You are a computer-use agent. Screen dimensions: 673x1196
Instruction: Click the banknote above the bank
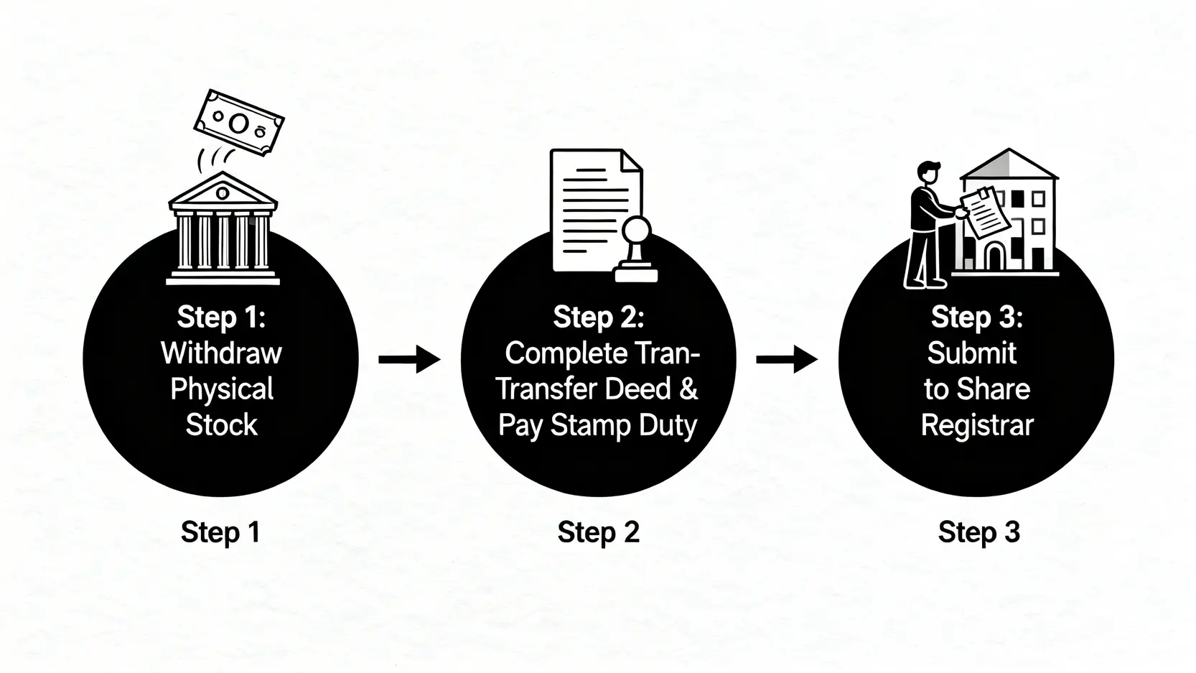[240, 123]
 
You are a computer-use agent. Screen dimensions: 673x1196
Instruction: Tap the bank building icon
[223, 228]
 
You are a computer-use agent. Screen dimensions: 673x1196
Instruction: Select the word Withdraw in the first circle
[221, 353]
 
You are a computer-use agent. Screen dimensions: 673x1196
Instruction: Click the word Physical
[221, 389]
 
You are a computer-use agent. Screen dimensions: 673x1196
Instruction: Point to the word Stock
[221, 425]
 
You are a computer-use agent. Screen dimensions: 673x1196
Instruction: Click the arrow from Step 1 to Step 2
[409, 358]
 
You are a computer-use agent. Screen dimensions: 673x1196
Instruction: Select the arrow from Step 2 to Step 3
[787, 358]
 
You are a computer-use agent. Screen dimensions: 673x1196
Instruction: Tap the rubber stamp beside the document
[636, 251]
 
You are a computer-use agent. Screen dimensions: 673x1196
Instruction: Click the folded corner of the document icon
[630, 161]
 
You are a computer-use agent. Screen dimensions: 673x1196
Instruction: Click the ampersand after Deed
[688, 389]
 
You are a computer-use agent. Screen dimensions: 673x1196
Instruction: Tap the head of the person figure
[928, 173]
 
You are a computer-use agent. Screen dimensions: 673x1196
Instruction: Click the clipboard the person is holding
[979, 211]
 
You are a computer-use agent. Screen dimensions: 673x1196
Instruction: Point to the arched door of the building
[995, 256]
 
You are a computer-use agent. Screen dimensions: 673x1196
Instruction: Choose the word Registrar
[977, 425]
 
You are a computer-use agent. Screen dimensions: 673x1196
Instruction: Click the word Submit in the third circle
[971, 353]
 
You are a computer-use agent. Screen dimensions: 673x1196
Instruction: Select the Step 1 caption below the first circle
[220, 532]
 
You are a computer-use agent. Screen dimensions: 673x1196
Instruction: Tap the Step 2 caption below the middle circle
[598, 532]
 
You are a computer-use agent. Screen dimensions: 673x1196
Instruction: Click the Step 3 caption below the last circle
[978, 532]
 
